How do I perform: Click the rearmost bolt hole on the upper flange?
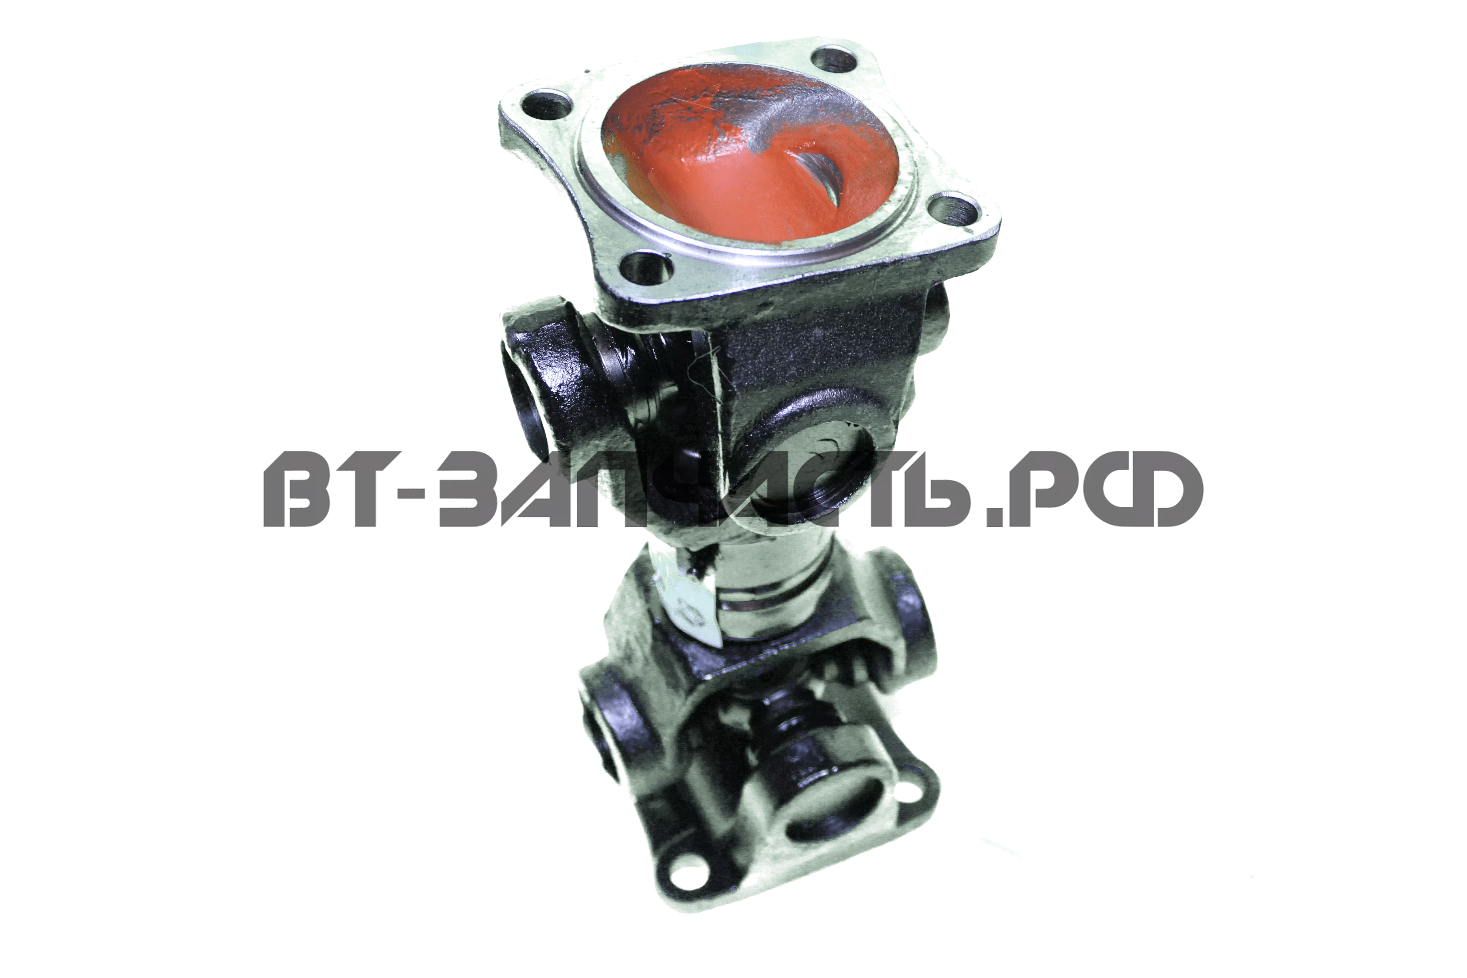point(834,61)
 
